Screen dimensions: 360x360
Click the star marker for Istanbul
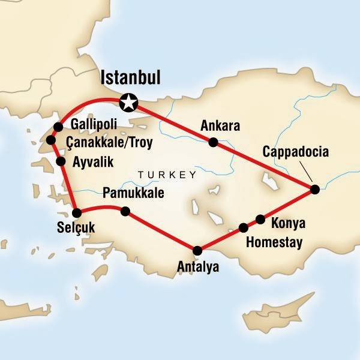coord(128,103)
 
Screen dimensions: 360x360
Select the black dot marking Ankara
coord(212,143)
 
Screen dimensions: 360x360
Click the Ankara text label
coord(221,127)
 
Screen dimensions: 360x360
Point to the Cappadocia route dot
coord(315,190)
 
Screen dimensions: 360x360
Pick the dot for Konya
coord(260,219)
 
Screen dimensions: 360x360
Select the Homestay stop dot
coord(244,227)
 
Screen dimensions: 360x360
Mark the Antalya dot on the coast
coord(196,250)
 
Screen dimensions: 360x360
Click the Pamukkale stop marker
coord(125,211)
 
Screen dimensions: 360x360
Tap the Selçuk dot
coord(77,212)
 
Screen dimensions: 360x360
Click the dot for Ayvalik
coord(61,161)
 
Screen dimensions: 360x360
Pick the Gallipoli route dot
coord(58,127)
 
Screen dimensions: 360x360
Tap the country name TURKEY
coord(167,175)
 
